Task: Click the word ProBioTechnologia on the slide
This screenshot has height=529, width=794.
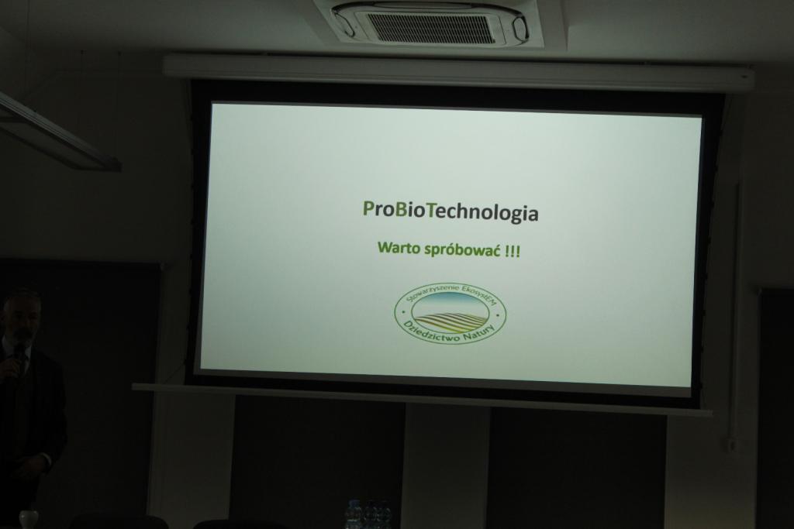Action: click(451, 212)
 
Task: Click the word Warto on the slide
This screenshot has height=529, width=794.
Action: click(395, 249)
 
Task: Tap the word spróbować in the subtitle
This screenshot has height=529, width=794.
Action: click(458, 250)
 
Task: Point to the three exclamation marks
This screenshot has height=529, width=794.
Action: click(513, 251)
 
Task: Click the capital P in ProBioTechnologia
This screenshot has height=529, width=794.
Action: click(368, 209)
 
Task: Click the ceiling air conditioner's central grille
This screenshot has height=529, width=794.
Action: click(430, 29)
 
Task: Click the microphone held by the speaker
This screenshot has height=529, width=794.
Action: click(19, 354)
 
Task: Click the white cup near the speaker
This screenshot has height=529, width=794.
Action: click(29, 520)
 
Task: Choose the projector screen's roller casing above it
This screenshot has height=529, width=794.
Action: click(458, 70)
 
